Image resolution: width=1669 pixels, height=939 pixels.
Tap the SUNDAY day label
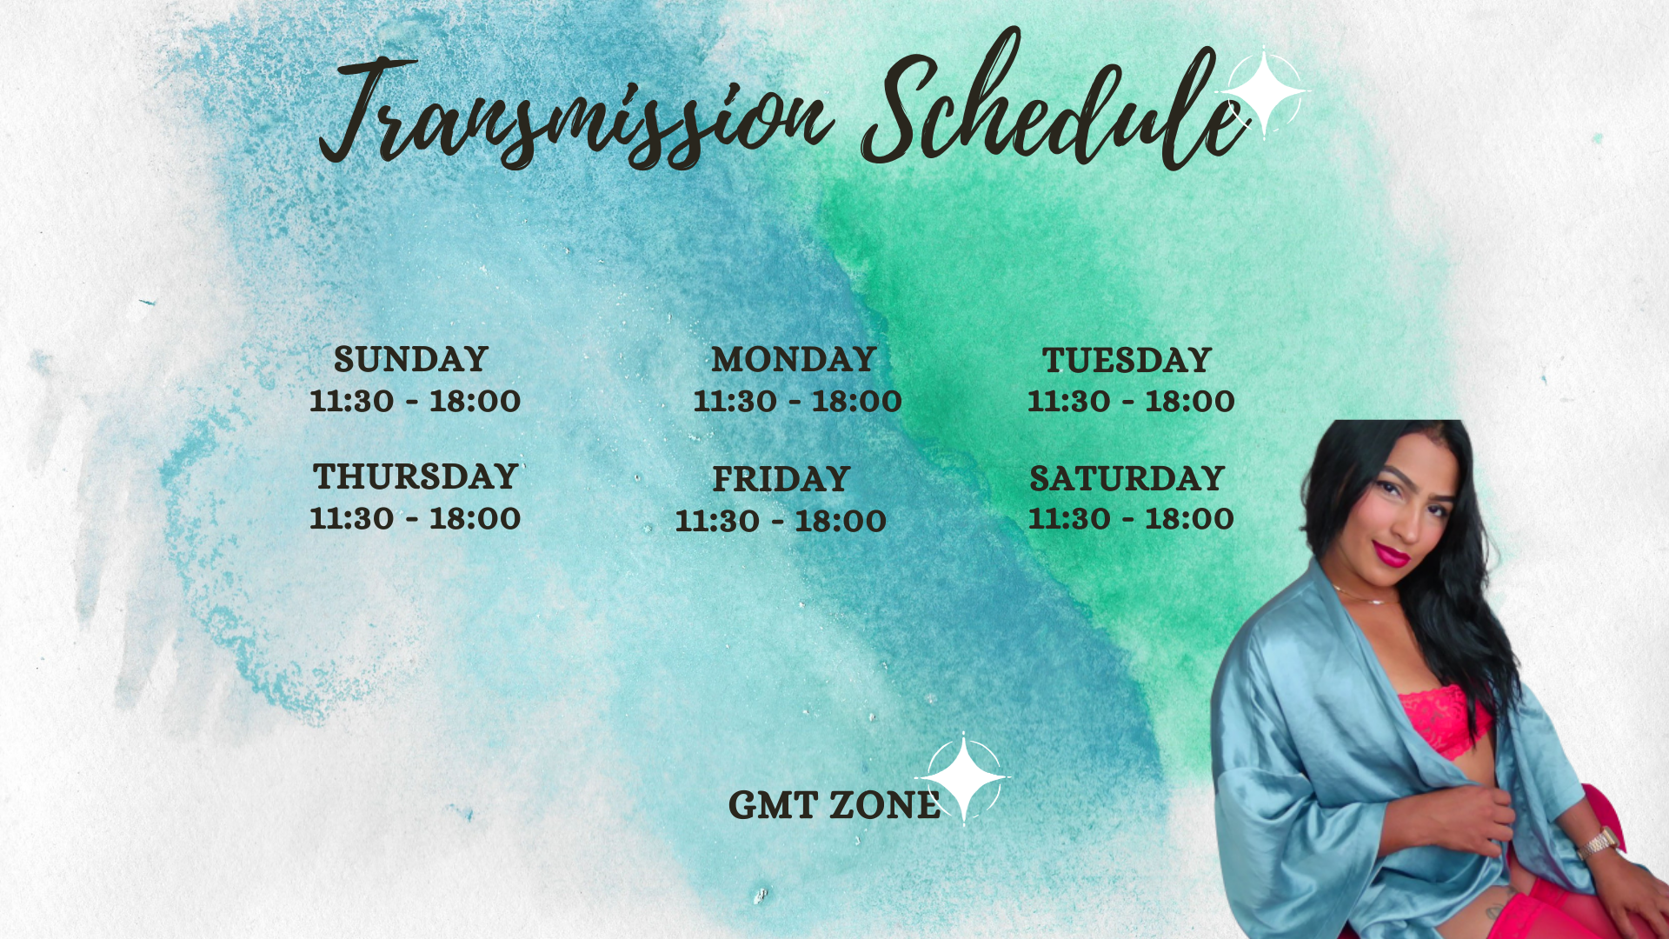pyautogui.click(x=411, y=359)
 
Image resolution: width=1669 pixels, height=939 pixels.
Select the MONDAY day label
pyautogui.click(x=794, y=359)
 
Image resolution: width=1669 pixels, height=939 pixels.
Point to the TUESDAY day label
pyautogui.click(x=1127, y=360)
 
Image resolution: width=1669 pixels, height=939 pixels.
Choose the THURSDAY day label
pyautogui.click(x=416, y=476)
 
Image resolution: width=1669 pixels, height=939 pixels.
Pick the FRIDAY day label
pyautogui.click(x=781, y=479)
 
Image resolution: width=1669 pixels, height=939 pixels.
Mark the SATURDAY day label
pyautogui.click(x=1127, y=478)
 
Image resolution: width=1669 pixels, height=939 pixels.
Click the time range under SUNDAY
pyautogui.click(x=416, y=401)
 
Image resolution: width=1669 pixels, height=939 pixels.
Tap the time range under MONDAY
pyautogui.click(x=797, y=401)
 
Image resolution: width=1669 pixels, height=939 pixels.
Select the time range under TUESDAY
pyautogui.click(x=1131, y=401)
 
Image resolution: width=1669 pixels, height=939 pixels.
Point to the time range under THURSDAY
pyautogui.click(x=416, y=518)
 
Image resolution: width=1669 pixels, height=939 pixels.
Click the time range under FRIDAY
pyautogui.click(x=781, y=521)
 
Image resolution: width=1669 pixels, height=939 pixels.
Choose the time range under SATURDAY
pyautogui.click(x=1131, y=518)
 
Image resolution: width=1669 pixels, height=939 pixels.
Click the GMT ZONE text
pyautogui.click(x=834, y=805)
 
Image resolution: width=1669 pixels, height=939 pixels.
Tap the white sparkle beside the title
pyautogui.click(x=1265, y=92)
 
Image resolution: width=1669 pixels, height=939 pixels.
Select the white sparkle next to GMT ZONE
pyautogui.click(x=963, y=777)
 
